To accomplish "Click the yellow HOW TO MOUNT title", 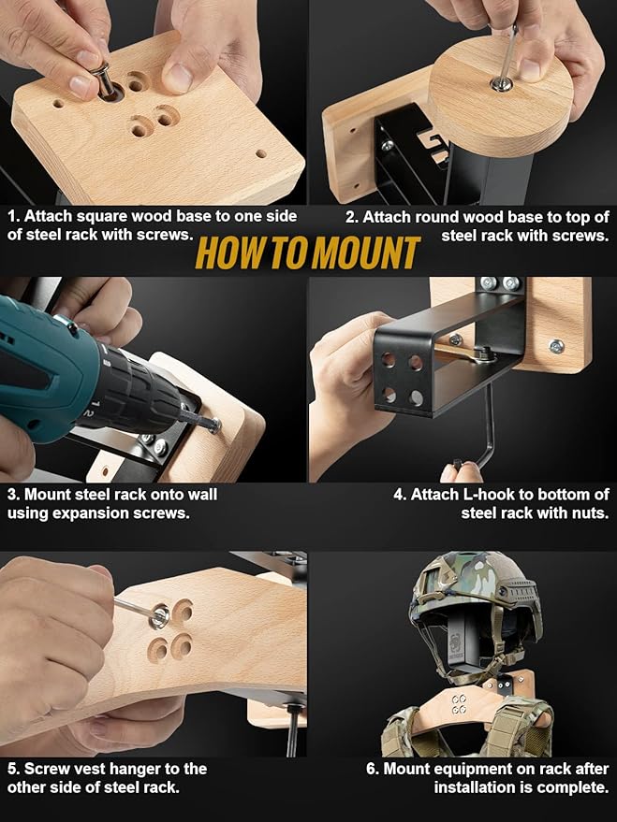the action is click(x=308, y=253).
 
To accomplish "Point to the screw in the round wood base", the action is click(x=501, y=84).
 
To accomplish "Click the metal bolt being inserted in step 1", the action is click(x=103, y=80).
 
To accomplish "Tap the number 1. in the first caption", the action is click(x=14, y=216).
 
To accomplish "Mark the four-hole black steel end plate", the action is click(x=403, y=376).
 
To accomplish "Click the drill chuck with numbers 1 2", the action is click(x=138, y=391).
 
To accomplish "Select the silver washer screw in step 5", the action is click(x=158, y=615).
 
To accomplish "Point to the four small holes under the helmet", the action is click(x=459, y=704).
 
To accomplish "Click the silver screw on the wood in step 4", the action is click(x=556, y=346).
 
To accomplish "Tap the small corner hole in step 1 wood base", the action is click(x=261, y=154).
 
